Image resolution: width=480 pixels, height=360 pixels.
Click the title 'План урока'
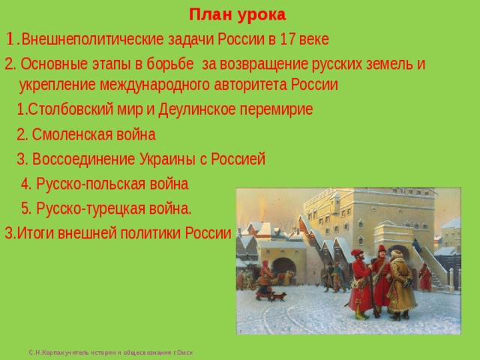[x=237, y=15]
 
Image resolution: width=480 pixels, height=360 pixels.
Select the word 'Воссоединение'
[x=82, y=159]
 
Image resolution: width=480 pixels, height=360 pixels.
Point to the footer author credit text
[x=110, y=352]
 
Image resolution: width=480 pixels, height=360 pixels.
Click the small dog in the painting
[x=279, y=297]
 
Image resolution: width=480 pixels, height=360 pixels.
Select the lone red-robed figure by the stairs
[x=425, y=277]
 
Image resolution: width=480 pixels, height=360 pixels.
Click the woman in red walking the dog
[x=264, y=280]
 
